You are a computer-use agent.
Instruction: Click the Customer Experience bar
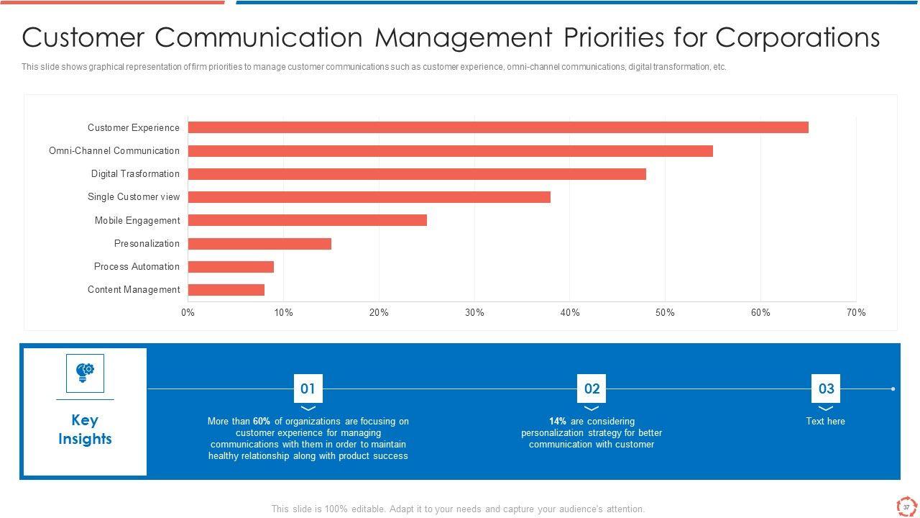point(497,127)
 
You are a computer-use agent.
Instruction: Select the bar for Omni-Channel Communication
point(450,151)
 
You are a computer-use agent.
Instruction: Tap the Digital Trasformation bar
point(417,174)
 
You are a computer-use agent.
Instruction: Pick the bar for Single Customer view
point(369,197)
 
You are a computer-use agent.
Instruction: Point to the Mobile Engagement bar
point(307,220)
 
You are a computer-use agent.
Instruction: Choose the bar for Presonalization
point(259,244)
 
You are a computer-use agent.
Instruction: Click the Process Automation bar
point(231,267)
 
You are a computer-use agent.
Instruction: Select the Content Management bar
point(226,290)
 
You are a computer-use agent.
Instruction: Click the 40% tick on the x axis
point(570,313)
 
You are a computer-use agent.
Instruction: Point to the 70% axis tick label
point(856,313)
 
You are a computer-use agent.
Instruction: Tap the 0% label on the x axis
point(188,313)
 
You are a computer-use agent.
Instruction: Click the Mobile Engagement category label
point(137,221)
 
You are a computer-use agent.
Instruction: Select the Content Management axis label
point(134,290)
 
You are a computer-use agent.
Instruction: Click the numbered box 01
point(308,389)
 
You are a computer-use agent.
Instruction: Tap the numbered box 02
point(592,389)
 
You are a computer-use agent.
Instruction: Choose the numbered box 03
point(826,389)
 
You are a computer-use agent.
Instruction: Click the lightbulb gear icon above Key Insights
point(85,373)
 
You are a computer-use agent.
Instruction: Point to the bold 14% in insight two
point(558,422)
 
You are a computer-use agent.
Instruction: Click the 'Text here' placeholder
point(825,422)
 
